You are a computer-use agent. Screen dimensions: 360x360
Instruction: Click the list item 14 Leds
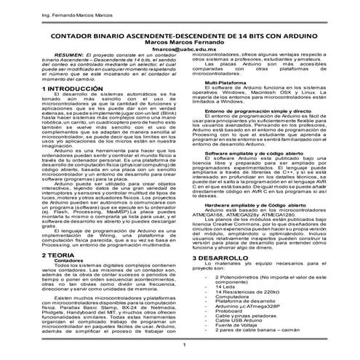pyautogui.click(x=225, y=288)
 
